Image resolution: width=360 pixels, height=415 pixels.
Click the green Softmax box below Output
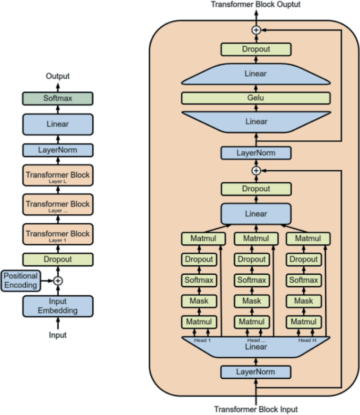(x=57, y=98)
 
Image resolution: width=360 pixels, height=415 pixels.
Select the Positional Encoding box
(x=20, y=281)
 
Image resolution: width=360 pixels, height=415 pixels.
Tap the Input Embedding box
(x=57, y=306)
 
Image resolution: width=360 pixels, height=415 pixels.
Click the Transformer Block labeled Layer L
(x=57, y=176)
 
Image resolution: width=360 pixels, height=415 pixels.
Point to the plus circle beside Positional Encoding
(x=58, y=281)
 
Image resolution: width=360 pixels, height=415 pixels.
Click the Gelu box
(x=255, y=98)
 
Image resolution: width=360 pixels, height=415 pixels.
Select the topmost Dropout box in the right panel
(x=255, y=49)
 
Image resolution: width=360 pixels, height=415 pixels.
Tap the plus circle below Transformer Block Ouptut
(x=256, y=30)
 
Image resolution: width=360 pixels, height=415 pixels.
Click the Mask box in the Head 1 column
(x=199, y=301)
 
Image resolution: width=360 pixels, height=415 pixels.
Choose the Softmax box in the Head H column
(x=303, y=280)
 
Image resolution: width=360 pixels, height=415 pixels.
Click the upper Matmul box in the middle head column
(x=251, y=238)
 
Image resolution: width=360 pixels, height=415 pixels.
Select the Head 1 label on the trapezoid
(x=203, y=340)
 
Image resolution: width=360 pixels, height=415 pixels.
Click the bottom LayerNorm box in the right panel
(x=255, y=372)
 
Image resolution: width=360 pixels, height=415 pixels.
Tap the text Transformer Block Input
(x=256, y=409)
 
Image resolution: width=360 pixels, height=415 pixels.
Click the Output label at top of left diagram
(x=57, y=77)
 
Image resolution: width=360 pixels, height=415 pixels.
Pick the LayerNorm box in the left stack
(x=57, y=150)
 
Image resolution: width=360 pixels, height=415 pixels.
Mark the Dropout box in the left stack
(x=57, y=259)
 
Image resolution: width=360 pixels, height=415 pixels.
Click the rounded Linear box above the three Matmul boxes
(x=255, y=214)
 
